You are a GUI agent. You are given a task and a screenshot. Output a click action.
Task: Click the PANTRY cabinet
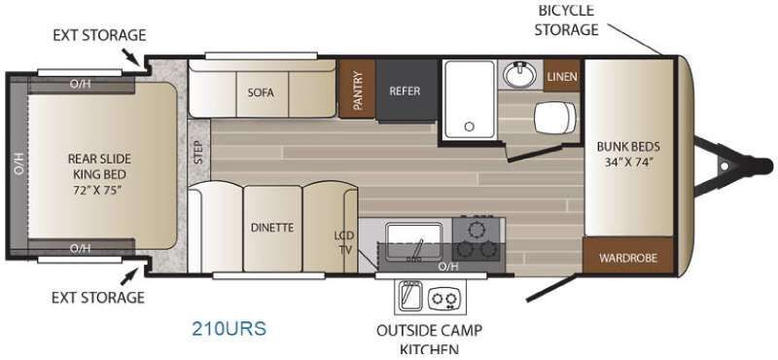357,89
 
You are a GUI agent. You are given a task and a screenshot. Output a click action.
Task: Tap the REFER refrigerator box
406,90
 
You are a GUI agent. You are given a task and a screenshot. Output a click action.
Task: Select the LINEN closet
562,76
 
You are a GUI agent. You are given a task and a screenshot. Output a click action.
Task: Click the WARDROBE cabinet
627,257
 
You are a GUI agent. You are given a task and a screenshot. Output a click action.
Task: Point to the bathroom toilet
555,117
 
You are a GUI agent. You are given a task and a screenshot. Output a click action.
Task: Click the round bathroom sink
519,75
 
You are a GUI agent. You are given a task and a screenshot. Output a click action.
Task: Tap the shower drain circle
470,126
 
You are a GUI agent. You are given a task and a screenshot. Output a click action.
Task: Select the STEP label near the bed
199,152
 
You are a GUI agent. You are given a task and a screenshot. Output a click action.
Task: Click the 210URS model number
230,328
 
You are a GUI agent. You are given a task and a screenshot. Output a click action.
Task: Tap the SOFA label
261,92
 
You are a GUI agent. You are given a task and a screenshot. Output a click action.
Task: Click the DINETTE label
272,228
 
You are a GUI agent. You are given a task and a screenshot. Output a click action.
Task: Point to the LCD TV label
343,242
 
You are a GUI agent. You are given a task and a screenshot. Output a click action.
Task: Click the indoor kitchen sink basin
414,240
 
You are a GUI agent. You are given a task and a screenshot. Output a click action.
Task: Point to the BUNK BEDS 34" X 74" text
628,154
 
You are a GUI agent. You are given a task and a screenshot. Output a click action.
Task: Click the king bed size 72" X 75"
99,190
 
